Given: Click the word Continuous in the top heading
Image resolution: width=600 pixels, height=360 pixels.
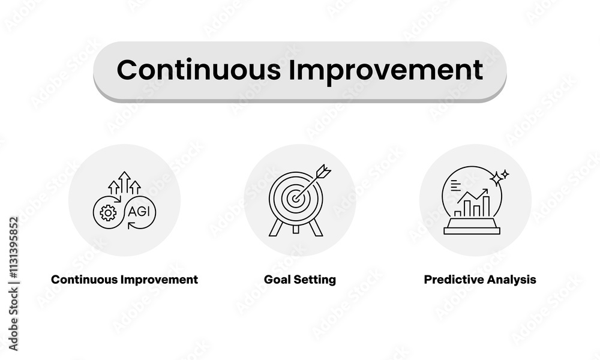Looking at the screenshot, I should click(x=198, y=70).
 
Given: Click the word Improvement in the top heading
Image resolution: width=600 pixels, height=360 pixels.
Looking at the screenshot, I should click(x=385, y=70).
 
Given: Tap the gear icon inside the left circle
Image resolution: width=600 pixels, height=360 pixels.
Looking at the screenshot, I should click(x=108, y=212).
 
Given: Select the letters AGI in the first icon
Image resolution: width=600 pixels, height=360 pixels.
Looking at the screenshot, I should click(x=140, y=211).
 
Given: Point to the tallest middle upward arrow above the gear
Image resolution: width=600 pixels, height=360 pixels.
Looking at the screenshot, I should click(x=124, y=182).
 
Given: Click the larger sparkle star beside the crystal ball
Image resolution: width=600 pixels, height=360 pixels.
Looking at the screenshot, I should click(x=496, y=178).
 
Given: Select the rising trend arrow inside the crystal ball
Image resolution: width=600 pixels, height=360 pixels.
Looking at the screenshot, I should click(x=473, y=196).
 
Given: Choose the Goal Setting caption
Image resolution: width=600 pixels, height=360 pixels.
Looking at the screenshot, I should click(x=299, y=280).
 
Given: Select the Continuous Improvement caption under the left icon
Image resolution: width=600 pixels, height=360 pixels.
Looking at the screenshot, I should click(x=124, y=280).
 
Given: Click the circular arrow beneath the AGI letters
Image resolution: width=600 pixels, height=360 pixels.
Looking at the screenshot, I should click(x=142, y=226).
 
